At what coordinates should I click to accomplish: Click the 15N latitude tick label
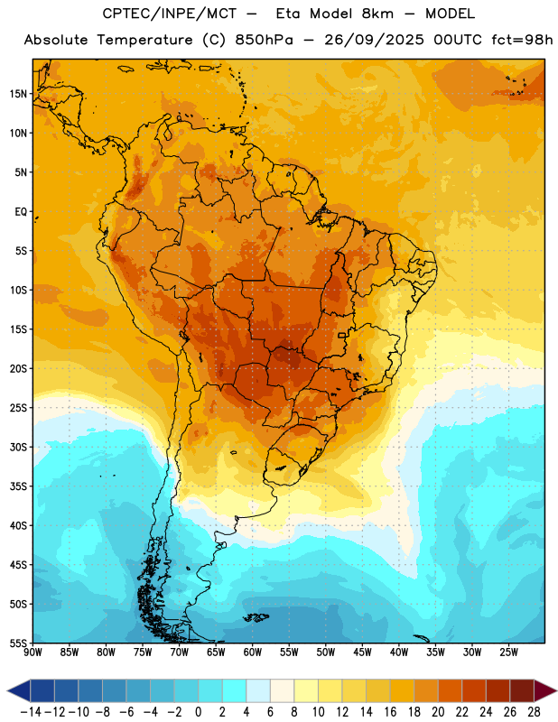18,94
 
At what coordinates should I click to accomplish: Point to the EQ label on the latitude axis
21,212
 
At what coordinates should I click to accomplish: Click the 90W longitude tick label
33,652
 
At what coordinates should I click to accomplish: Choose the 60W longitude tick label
253,652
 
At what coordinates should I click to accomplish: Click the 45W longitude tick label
362,652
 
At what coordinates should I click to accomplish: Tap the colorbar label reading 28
534,712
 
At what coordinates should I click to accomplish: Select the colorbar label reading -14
32,712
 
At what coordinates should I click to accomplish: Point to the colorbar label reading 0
198,712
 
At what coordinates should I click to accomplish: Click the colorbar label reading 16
390,712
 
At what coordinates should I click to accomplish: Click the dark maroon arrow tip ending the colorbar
545,691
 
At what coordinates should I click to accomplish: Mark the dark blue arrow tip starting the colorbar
18,691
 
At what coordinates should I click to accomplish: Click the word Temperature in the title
144,41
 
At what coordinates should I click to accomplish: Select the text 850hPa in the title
264,41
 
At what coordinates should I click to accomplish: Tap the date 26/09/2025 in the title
374,40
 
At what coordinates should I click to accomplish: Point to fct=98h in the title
522,40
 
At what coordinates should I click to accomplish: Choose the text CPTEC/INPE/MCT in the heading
169,14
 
